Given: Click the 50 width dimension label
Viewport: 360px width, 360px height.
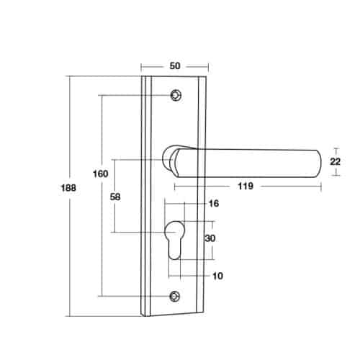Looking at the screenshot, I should (174, 66).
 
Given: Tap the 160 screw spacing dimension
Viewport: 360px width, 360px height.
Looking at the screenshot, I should (101, 174).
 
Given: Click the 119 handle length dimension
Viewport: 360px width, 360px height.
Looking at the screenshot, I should (245, 186).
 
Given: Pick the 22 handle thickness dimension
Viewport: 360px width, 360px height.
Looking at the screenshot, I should (335, 162).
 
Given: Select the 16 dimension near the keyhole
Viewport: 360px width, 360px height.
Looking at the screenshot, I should (212, 204).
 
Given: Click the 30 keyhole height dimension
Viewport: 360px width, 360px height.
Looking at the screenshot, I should (210, 238).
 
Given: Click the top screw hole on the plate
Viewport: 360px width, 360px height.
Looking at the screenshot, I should (175, 94).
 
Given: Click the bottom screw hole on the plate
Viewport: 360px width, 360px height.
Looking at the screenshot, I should (174, 295).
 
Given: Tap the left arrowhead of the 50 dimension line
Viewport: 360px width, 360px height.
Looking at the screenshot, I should (143, 66).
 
